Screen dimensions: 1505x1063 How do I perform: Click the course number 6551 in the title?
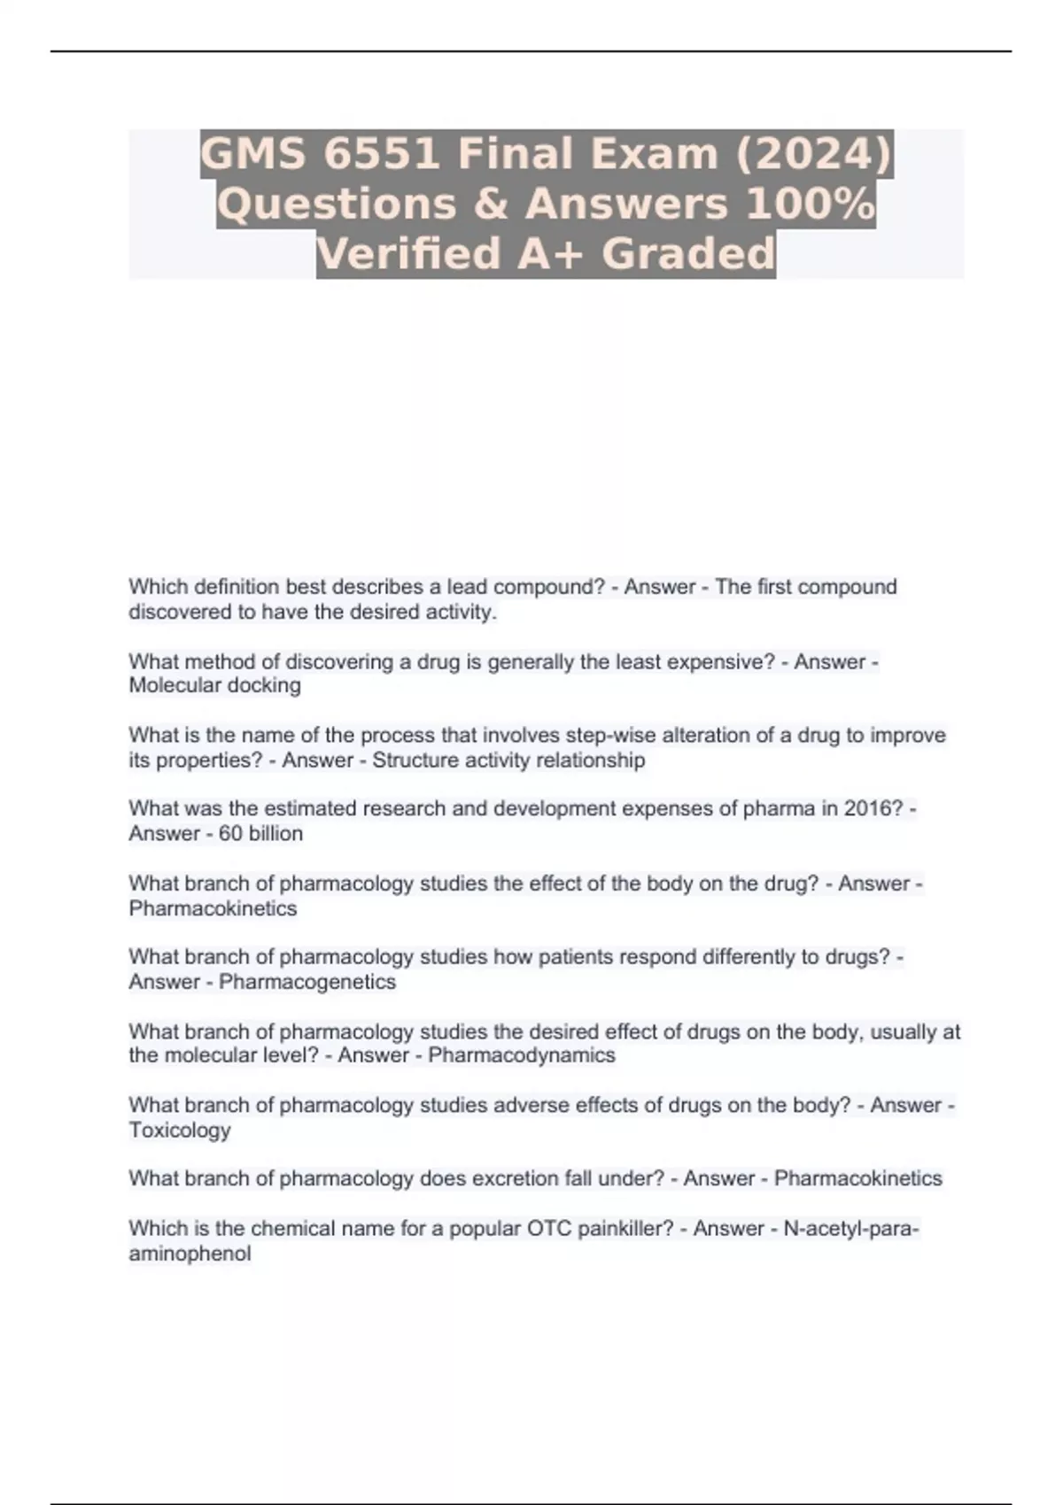tap(382, 153)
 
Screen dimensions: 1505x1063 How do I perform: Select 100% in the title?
tap(811, 204)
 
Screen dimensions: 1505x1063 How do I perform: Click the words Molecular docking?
tap(215, 685)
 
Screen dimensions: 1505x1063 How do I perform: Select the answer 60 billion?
tap(261, 834)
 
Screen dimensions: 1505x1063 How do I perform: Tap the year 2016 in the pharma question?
tap(872, 808)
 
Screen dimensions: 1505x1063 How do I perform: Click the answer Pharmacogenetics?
tap(307, 982)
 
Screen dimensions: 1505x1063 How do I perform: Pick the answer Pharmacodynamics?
tap(522, 1055)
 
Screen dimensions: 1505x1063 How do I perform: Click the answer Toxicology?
tap(180, 1131)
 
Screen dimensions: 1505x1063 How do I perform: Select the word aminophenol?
tap(190, 1254)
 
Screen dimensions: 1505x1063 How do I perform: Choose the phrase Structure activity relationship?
tap(508, 760)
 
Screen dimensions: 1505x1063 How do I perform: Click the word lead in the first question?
tap(467, 587)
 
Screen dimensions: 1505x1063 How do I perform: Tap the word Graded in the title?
tap(688, 254)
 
